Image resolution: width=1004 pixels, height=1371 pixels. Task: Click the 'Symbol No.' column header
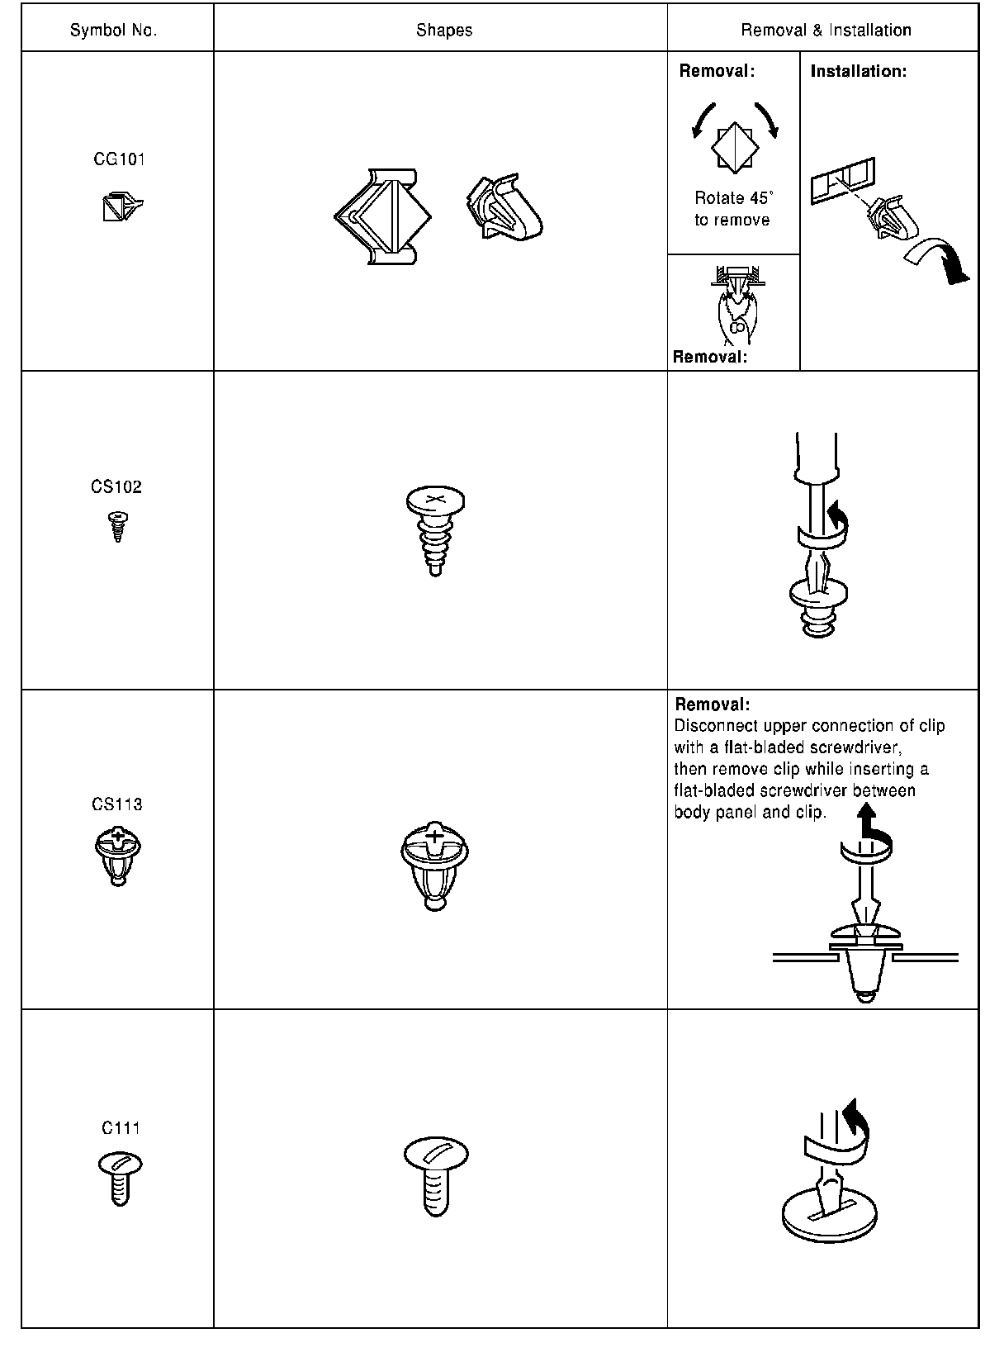pos(113,31)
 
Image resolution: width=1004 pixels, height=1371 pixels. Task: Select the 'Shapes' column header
pos(444,31)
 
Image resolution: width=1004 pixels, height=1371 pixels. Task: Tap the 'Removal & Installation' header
pos(826,31)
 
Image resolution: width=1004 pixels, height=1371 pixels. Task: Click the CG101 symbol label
pos(120,159)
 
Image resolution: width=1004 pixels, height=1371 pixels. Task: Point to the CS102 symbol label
pos(116,486)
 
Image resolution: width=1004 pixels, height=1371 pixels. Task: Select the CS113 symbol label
pos(117,804)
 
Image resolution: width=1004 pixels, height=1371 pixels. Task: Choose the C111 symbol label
pos(121,1128)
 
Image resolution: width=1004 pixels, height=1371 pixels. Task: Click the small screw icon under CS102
pos(118,525)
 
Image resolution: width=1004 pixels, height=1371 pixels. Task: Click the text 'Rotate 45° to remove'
pos(732,209)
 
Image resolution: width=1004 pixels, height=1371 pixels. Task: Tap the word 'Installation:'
pos(858,72)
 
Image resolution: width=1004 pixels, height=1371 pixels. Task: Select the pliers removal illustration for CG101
pos(735,306)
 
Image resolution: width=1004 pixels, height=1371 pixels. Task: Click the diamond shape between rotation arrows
pos(734,147)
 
